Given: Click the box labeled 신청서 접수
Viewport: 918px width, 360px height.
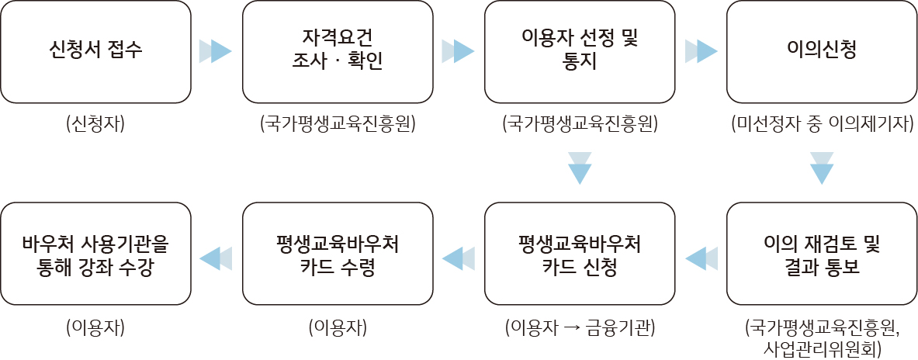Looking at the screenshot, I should click(x=96, y=52).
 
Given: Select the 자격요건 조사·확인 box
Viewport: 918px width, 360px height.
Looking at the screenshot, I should click(x=338, y=52).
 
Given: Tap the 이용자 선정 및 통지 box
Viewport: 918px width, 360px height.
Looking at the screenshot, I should click(x=580, y=52).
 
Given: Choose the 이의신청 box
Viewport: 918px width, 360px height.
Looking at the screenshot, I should click(x=822, y=52).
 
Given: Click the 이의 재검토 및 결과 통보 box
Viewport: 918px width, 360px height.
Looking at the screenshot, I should click(x=822, y=254).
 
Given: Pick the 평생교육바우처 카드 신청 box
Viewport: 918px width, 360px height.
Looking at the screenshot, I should click(x=580, y=254).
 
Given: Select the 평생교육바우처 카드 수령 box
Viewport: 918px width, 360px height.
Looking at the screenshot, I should click(x=338, y=254).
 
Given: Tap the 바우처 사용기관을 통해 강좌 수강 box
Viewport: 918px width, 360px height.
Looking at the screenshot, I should click(x=96, y=254).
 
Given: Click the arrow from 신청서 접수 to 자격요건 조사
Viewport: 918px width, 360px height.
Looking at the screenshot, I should click(x=217, y=51).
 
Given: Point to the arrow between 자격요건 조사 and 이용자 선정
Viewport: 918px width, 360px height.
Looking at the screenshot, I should click(x=459, y=51).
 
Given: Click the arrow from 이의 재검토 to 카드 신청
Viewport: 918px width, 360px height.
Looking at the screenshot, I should click(x=701, y=258).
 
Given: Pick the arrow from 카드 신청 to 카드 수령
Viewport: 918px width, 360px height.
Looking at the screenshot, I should click(x=459, y=258).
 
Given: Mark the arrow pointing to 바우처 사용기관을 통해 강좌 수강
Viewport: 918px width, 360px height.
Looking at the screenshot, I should click(x=217, y=258).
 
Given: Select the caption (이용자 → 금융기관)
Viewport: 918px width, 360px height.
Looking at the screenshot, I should click(x=580, y=327).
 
